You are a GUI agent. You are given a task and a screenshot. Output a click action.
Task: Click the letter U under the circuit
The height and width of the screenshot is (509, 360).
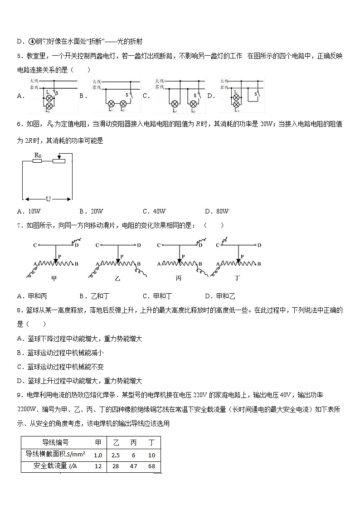click(x=48, y=199)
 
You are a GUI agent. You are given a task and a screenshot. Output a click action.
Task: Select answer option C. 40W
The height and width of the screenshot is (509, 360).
click(x=154, y=211)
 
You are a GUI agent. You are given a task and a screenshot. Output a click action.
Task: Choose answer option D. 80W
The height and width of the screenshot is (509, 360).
click(x=217, y=211)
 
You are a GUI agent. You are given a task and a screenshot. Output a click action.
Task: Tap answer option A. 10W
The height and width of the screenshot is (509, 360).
click(x=29, y=211)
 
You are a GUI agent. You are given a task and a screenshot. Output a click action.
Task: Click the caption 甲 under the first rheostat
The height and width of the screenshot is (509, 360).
click(x=54, y=278)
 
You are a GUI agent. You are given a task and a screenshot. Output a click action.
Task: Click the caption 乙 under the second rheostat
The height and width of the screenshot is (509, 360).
click(x=117, y=278)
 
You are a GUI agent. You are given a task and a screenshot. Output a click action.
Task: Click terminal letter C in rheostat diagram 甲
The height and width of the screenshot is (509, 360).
click(x=34, y=245)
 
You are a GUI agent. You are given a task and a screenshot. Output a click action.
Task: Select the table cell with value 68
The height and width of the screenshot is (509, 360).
click(x=151, y=466)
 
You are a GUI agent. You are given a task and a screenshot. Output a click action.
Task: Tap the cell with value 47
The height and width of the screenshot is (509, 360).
click(x=133, y=466)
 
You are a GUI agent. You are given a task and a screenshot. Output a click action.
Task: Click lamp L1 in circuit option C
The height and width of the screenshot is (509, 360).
click(x=174, y=103)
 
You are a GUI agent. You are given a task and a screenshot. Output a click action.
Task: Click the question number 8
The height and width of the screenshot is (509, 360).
click(x=19, y=310)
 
